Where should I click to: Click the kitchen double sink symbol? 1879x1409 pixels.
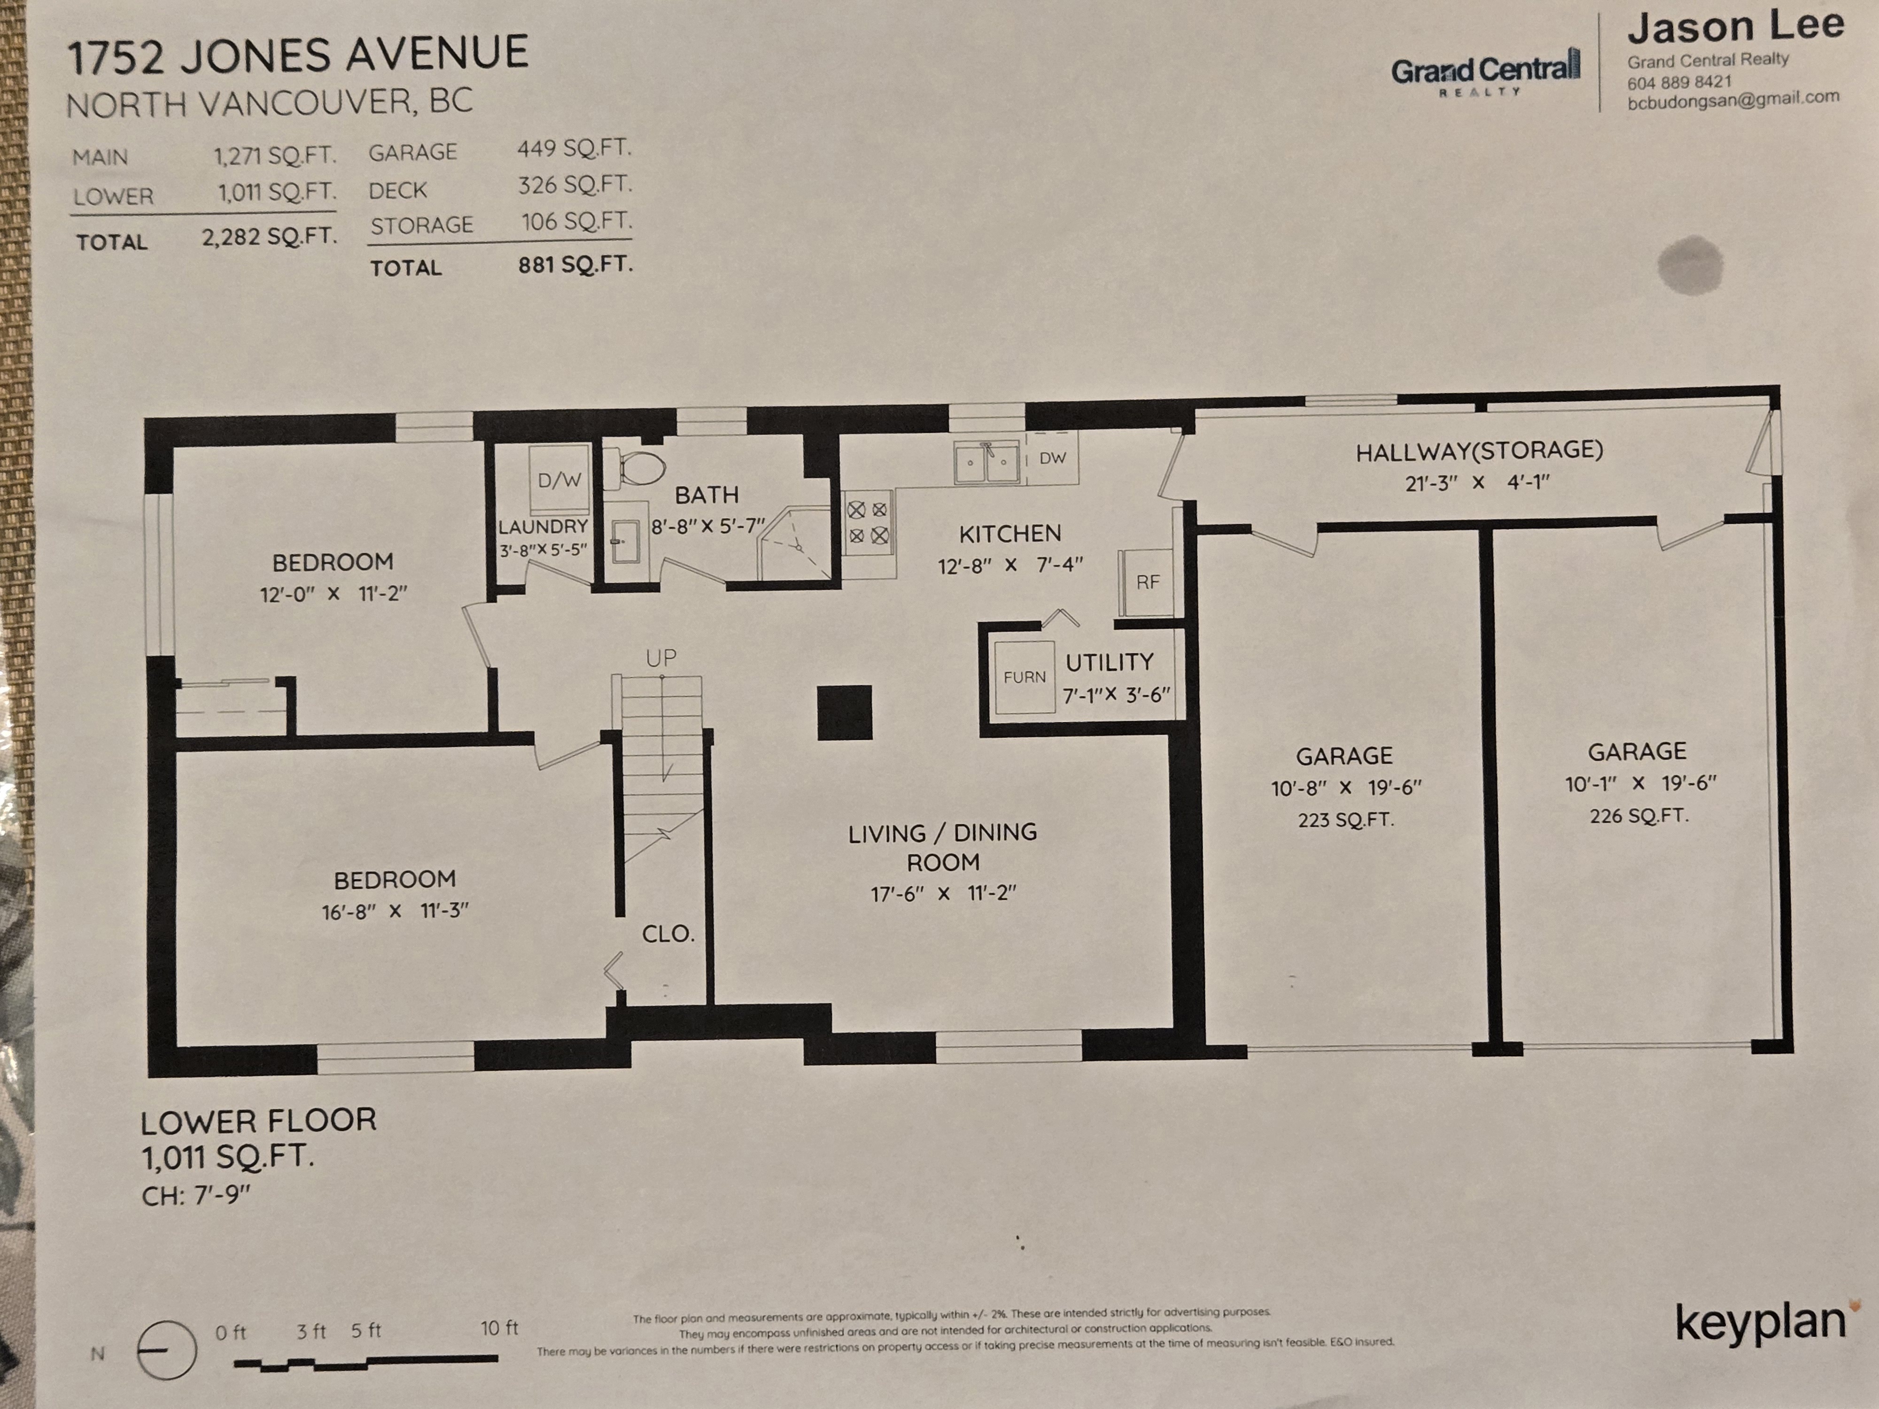click(x=987, y=462)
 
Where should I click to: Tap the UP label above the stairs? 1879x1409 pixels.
click(x=661, y=658)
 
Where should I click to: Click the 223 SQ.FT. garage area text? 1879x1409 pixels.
click(x=1345, y=820)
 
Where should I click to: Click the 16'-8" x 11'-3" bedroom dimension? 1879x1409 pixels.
click(x=395, y=911)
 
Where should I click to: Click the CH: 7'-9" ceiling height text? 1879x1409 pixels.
click(x=196, y=1196)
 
